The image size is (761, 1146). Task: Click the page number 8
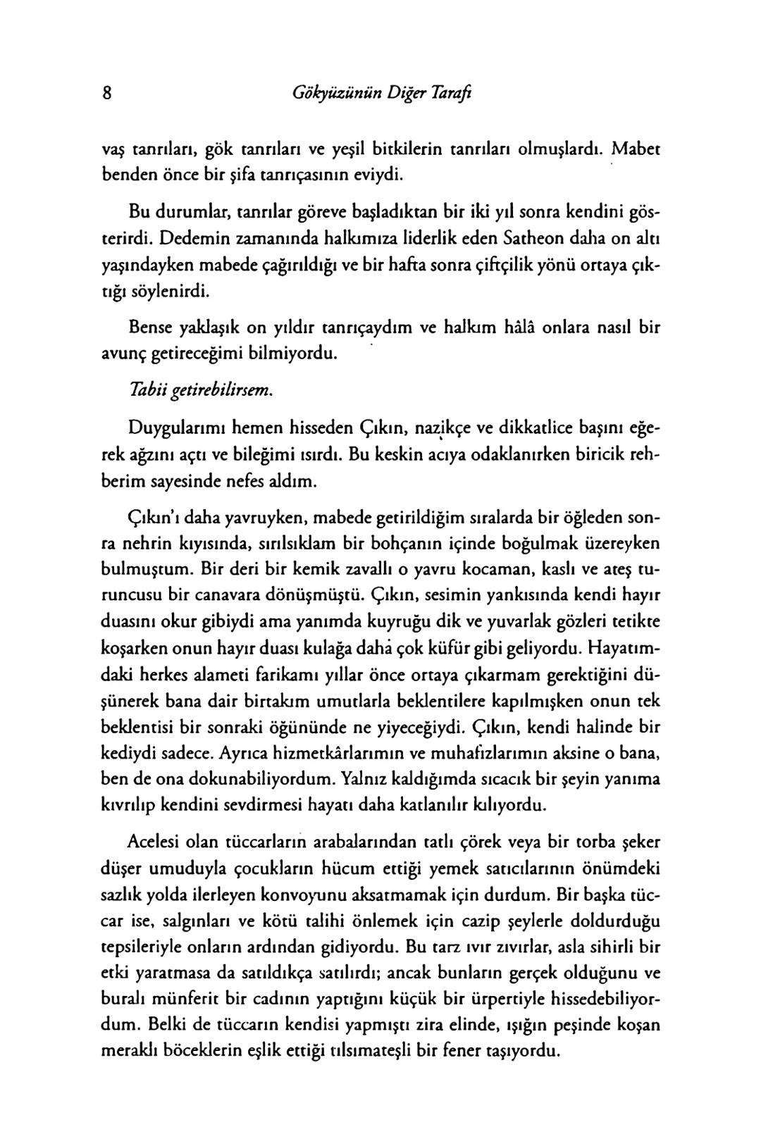(107, 94)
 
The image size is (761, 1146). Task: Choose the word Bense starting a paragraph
(151, 328)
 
